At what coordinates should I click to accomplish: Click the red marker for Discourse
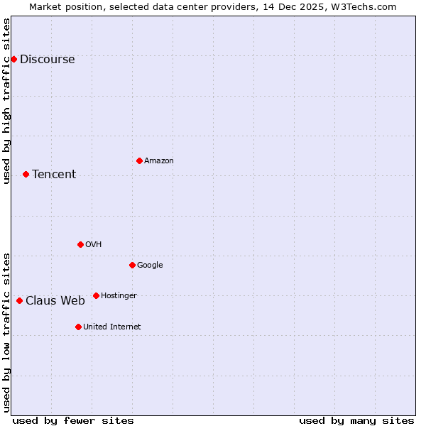coord(13,59)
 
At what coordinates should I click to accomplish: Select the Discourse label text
coord(47,60)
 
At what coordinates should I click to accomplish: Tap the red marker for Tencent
coord(26,174)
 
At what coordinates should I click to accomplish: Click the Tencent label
coord(54,175)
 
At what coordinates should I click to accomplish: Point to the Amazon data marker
coord(139,160)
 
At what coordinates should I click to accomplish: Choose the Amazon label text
coord(159,161)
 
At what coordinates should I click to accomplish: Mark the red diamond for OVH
coord(80,244)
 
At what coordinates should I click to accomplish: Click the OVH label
coord(94,245)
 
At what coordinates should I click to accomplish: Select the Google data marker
coord(132,265)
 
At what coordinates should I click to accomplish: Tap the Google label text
coord(150,266)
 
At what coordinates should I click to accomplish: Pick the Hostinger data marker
coord(96,295)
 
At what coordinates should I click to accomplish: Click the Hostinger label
coord(119,296)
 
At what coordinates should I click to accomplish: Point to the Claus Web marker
coord(19,300)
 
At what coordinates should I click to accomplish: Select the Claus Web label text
coord(55,301)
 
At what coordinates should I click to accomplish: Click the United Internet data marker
coord(78,327)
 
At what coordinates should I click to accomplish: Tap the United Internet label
coord(112,327)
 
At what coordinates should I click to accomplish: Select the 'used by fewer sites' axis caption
coord(73,420)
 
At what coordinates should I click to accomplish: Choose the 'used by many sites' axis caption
coord(356,420)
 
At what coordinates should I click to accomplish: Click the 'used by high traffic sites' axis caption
coord(6,101)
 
